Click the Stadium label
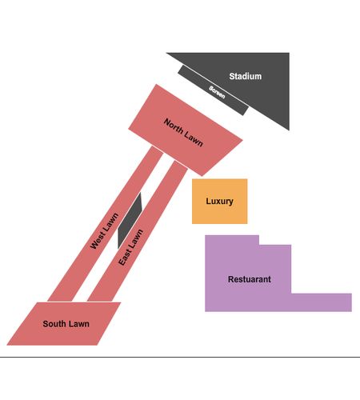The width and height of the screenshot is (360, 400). coord(246,76)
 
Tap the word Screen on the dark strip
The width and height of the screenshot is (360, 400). coord(217,92)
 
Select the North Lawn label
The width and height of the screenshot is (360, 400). coord(183,133)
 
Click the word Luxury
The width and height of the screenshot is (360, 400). coord(219,201)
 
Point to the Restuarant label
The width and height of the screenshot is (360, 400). coord(250,279)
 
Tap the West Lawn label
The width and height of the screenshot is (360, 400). coord(104,231)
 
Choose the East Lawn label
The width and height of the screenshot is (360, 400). coord(130,247)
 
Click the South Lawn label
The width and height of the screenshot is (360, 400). coord(66,324)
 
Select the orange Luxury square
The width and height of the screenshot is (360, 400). coord(220,202)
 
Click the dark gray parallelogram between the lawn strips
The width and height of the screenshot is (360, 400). coord(130,221)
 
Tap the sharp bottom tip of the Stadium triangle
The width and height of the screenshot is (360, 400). coord(289,130)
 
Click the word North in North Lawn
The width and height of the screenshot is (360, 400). coord(174,126)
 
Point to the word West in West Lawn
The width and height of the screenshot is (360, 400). coord(98,240)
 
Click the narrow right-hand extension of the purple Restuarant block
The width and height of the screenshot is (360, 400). coord(322,302)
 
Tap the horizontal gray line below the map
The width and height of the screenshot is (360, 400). coord(180,357)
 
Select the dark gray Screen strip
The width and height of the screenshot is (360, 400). coord(214,90)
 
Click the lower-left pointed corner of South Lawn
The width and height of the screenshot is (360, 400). coord(7,345)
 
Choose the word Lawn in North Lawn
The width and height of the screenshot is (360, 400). coord(194,140)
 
